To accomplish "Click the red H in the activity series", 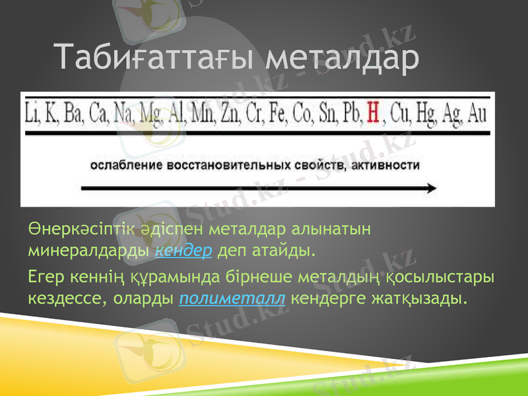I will click(x=373, y=113).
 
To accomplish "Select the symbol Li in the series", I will click(x=32, y=113).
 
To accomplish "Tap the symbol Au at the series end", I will click(x=476, y=113).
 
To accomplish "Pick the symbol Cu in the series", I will click(x=401, y=113).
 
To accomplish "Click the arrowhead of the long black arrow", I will click(x=430, y=188).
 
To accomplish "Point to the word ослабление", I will click(x=124, y=164).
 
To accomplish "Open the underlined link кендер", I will click(x=183, y=251).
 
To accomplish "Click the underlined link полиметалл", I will click(x=232, y=298).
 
